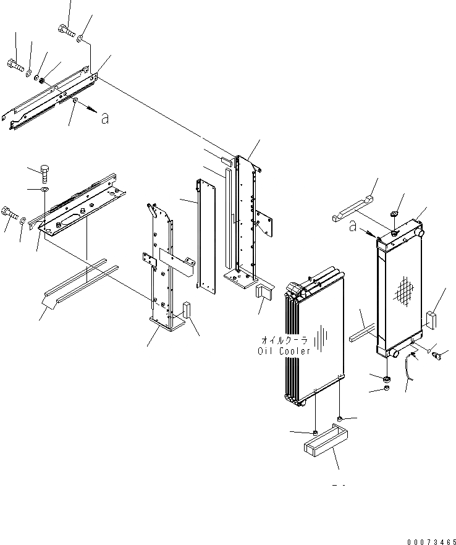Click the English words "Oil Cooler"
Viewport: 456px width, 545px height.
tap(284, 351)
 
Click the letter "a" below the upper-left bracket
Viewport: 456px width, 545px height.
tap(105, 118)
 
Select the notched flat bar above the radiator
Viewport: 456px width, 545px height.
tap(353, 209)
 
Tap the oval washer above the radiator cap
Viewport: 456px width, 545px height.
tap(393, 215)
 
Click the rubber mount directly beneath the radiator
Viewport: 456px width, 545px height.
tap(386, 378)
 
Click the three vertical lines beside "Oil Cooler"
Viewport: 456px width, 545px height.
tap(321, 340)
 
